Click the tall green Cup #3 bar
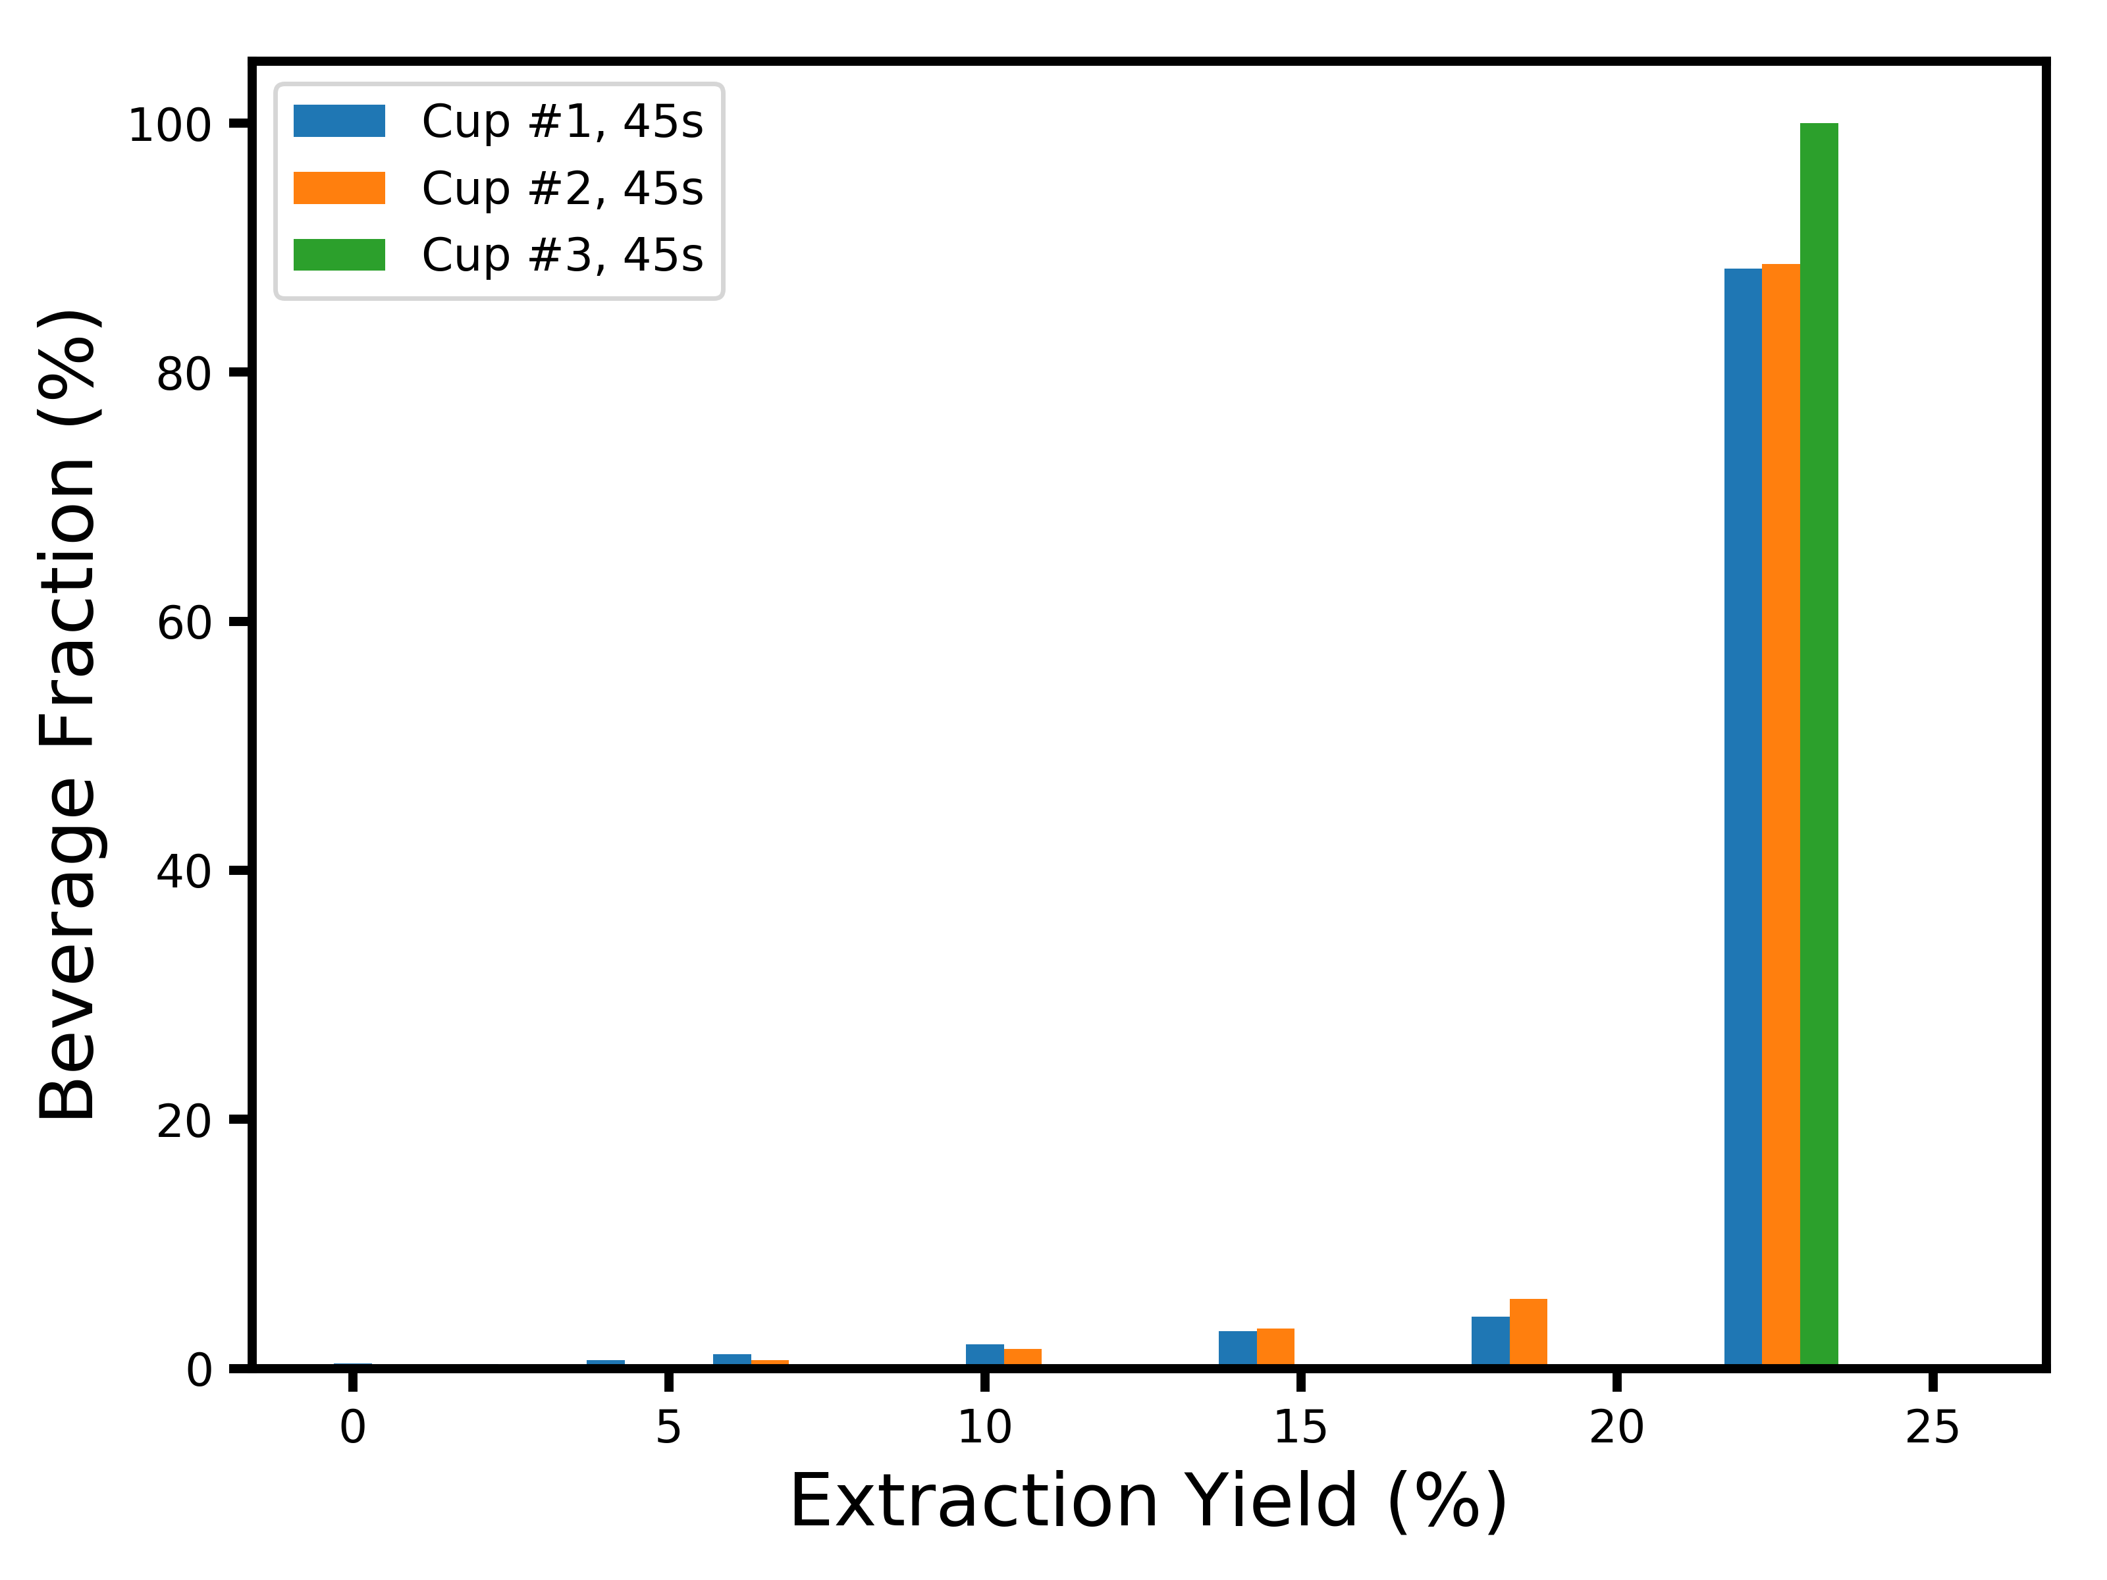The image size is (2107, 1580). pos(1819,743)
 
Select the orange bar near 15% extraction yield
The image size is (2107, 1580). pos(1275,1347)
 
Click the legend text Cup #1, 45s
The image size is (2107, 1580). pos(562,122)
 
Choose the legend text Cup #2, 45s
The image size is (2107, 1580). pos(562,188)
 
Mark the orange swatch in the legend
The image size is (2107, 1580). pos(339,188)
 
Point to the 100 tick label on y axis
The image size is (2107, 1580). pos(169,125)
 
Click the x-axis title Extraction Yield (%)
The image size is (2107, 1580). pos(1148,1502)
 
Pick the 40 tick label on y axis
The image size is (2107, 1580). pos(183,872)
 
